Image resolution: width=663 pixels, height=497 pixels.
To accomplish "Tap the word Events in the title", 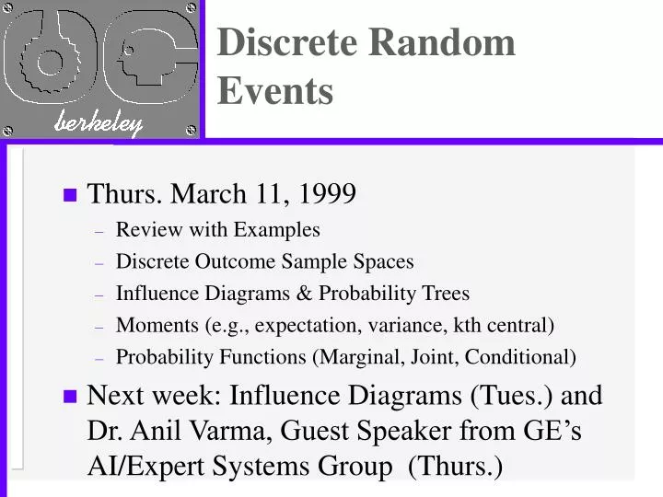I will pyautogui.click(x=275, y=91).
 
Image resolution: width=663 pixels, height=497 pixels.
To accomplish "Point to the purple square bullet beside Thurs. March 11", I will pyautogui.click(x=69, y=195).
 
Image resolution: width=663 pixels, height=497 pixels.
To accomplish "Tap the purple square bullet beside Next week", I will pyautogui.click(x=69, y=397).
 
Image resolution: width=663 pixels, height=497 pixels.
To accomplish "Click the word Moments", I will pyautogui.click(x=150, y=325).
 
